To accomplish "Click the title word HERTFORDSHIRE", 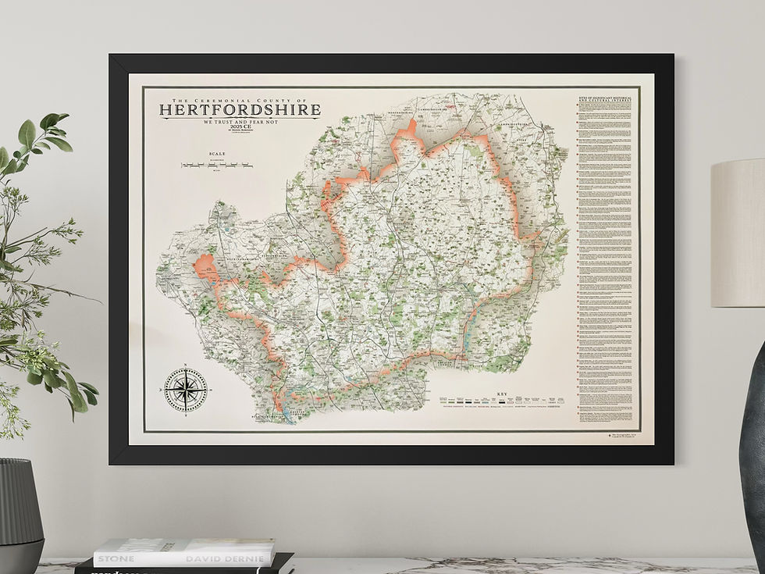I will click(x=240, y=110).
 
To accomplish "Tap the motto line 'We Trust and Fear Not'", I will click(x=240, y=123).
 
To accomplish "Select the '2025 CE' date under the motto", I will click(x=240, y=130).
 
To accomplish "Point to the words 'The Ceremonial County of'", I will click(x=240, y=100).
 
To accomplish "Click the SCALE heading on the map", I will click(x=216, y=154).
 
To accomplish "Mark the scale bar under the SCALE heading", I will click(x=216, y=165).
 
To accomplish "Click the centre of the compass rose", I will click(x=186, y=390).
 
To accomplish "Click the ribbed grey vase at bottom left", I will click(x=20, y=515).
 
